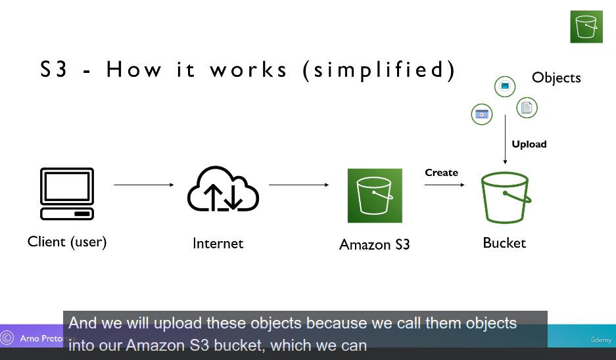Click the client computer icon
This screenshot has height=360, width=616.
point(67,194)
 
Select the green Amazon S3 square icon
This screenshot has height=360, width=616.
point(375,195)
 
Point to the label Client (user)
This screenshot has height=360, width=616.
point(67,242)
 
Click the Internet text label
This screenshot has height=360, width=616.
point(218,244)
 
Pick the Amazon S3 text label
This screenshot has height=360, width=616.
point(374,245)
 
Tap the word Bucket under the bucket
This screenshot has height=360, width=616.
point(504,243)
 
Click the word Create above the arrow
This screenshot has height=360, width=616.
point(441,173)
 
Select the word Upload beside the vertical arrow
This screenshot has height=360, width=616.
point(529,145)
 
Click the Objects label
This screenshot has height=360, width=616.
point(556,78)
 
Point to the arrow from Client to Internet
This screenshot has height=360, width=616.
point(144,185)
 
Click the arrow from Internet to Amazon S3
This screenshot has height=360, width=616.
point(299,185)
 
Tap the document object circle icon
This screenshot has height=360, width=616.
point(526,107)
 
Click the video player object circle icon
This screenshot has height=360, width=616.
point(482,114)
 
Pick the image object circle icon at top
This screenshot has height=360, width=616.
point(505,85)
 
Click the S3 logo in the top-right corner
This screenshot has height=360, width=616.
point(586,27)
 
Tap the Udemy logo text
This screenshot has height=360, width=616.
point(600,340)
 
